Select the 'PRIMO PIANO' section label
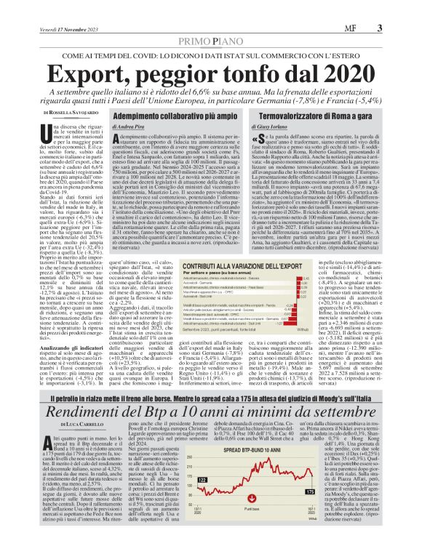click(x=211, y=23)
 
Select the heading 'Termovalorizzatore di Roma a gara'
click(x=319, y=115)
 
